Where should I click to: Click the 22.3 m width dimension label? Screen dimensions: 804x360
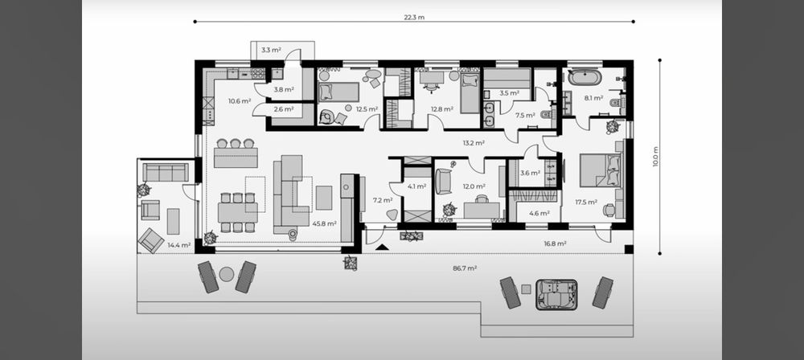tap(414, 18)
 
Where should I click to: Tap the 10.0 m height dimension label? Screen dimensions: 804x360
tap(655, 157)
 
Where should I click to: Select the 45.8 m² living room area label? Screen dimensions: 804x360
tap(324, 223)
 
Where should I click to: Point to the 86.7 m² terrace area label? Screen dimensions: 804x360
tap(466, 268)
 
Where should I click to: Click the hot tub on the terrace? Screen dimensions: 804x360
tap(556, 294)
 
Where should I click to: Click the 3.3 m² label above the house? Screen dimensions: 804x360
tap(271, 51)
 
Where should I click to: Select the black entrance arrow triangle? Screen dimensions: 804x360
tap(382, 247)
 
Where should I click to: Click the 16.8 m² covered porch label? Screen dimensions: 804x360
tap(554, 243)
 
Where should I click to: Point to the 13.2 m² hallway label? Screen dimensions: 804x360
tap(474, 143)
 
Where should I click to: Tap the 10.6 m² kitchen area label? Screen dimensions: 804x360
tap(240, 101)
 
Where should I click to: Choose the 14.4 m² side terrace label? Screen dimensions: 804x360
tap(179, 246)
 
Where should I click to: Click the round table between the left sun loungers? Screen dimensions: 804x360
tap(227, 274)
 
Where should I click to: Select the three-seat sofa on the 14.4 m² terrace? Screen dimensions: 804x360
tap(166, 172)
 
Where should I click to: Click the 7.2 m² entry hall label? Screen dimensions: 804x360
tap(383, 200)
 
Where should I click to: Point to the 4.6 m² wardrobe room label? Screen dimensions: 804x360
tap(539, 213)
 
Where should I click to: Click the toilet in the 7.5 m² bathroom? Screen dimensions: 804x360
tap(547, 115)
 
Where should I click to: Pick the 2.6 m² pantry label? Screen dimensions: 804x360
tap(284, 109)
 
